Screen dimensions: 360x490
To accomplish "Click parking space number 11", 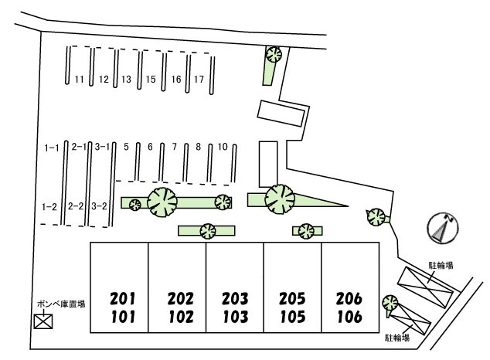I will pyautogui.click(x=79, y=79).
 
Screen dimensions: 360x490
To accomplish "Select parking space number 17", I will pyautogui.click(x=199, y=79).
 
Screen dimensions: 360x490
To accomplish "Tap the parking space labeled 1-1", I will pyautogui.click(x=51, y=147).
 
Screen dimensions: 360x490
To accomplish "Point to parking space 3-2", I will pyautogui.click(x=99, y=206).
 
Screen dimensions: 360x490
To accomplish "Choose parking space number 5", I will pyautogui.click(x=126, y=147).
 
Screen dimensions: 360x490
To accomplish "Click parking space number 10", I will pyautogui.click(x=222, y=147).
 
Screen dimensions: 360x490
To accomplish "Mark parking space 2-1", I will pyautogui.click(x=77, y=147).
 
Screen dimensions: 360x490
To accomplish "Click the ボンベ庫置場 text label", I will pyautogui.click(x=60, y=304).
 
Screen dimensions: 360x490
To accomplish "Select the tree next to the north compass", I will pyautogui.click(x=376, y=216).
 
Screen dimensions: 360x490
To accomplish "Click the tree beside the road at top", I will pyautogui.click(x=273, y=54).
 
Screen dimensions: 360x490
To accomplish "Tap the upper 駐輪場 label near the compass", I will pyautogui.click(x=441, y=265).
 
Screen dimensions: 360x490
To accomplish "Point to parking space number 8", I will pyautogui.click(x=199, y=147).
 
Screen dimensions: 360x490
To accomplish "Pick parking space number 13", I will pyautogui.click(x=126, y=79).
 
